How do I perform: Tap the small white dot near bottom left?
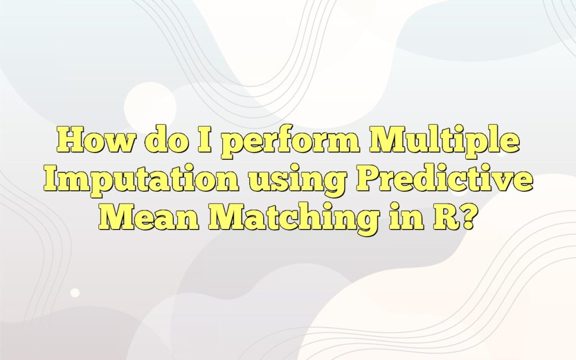click(75, 292)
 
